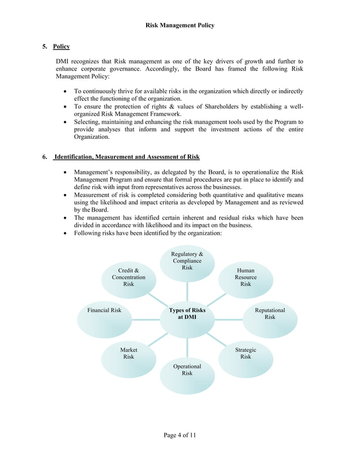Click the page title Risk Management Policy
[180, 25]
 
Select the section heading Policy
[62, 46]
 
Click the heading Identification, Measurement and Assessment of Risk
[126, 157]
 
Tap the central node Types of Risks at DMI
[187, 314]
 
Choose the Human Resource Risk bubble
[245, 278]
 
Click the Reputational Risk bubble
[270, 314]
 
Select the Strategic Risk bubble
[245, 354]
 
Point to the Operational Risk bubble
[187, 370]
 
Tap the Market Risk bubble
[129, 354]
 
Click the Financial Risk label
[104, 310]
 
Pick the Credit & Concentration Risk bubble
[129, 278]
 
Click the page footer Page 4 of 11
[180, 435]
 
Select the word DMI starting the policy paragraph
[63, 61]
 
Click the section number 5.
[45, 46]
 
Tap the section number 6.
[45, 157]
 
